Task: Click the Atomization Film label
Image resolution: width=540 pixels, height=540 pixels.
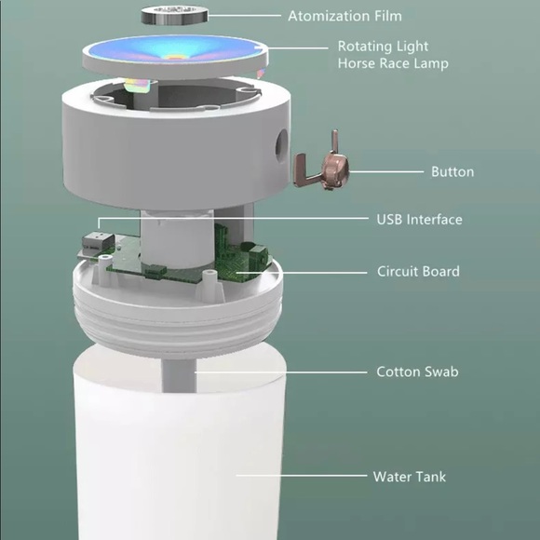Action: coord(344,16)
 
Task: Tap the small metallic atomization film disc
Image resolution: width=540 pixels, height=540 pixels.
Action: coord(175,15)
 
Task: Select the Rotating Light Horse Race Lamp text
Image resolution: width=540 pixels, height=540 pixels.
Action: coord(393,55)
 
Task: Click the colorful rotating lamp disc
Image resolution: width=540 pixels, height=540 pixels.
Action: coord(175,56)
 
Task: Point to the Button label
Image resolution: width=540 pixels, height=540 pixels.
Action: coord(452,172)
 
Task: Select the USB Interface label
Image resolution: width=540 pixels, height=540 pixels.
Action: coord(419,220)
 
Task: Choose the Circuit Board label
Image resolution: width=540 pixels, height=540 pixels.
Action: coord(418,271)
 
